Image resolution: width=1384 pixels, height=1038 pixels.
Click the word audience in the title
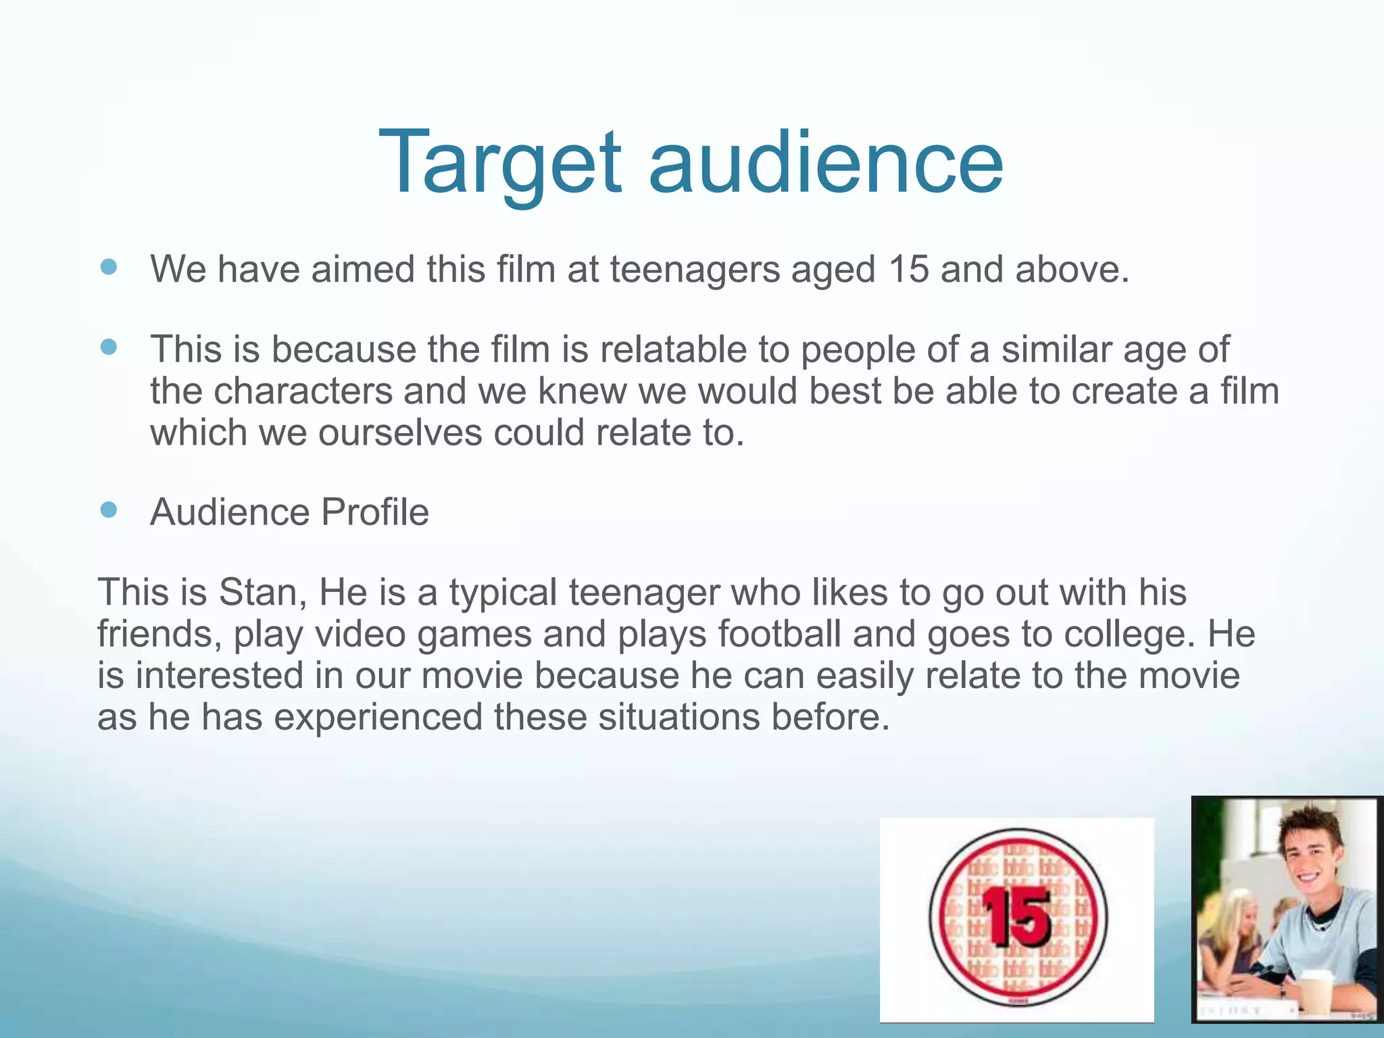825,164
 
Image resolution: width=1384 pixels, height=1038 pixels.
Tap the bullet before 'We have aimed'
108,267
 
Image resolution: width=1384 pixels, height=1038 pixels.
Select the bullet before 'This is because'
108,347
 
